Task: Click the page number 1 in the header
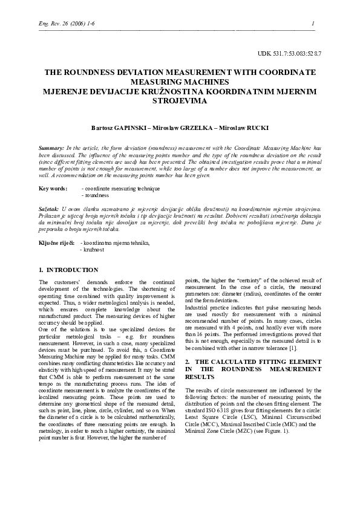[x=313, y=24]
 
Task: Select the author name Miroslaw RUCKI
[x=245, y=128]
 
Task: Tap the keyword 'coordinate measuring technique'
[x=122, y=189]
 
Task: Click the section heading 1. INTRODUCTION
[x=68, y=270]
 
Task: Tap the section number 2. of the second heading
[x=188, y=361]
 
